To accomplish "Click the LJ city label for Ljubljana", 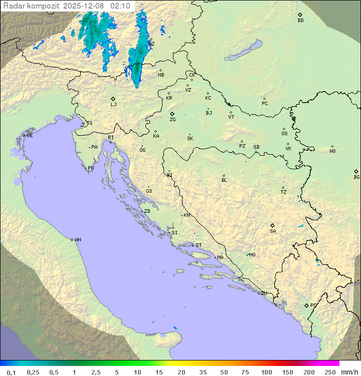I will pyautogui.click(x=113, y=105).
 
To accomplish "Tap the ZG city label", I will pyautogui.click(x=172, y=120).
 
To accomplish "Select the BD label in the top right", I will pyautogui.click(x=300, y=21).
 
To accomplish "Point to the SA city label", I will pyautogui.click(x=273, y=231).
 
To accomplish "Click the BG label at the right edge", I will pyautogui.click(x=356, y=177).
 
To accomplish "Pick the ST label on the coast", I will pyautogui.click(x=199, y=245).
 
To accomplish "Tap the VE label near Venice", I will pyautogui.click(x=30, y=136).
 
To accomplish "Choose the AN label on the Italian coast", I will pyautogui.click(x=78, y=240).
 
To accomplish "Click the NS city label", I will pyautogui.click(x=332, y=151).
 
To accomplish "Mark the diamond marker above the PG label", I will pyautogui.click(x=306, y=305).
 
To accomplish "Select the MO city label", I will pyautogui.click(x=252, y=255).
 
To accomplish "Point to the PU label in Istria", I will pyautogui.click(x=91, y=168).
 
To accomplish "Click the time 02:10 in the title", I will pyautogui.click(x=120, y=6).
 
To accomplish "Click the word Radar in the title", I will pyautogui.click(x=13, y=6).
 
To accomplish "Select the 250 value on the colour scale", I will pyautogui.click(x=330, y=372).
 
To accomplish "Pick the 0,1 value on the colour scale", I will pyautogui.click(x=11, y=372).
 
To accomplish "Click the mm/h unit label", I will pyautogui.click(x=348, y=372).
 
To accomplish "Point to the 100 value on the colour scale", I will pyautogui.click(x=266, y=372).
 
